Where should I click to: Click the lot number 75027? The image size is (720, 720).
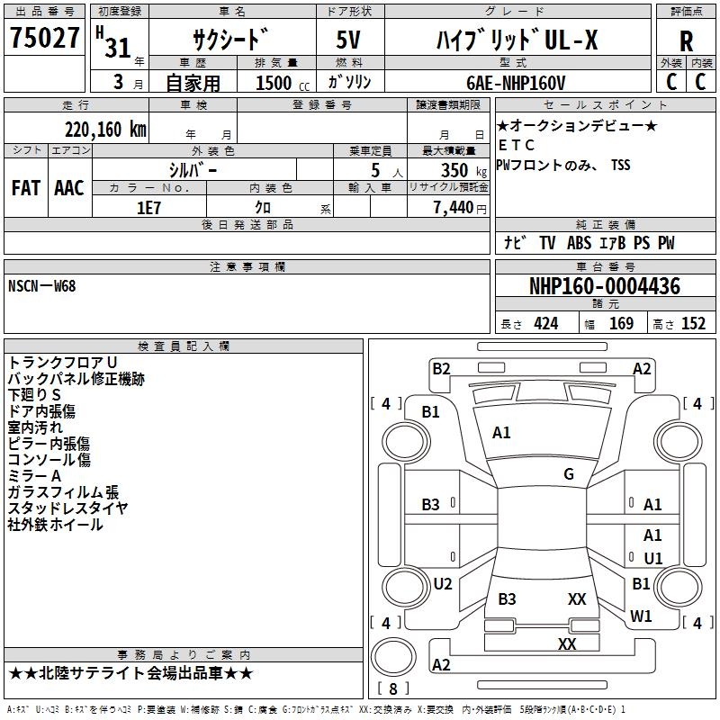point(44,37)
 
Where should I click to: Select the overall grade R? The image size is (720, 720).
point(686,41)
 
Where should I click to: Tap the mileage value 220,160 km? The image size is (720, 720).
point(105,130)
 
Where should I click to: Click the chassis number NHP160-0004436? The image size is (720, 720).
point(605,286)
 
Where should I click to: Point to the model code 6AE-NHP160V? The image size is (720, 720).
point(516,83)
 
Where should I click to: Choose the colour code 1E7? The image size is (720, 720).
point(148,208)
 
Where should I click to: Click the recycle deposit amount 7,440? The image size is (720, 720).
point(454,208)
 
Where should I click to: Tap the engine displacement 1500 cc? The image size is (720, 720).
point(283,83)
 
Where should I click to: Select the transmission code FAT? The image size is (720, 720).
point(26,188)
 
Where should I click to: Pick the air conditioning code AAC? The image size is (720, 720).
point(69,188)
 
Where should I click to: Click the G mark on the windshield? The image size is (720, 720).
point(569,474)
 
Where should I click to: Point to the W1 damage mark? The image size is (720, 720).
point(641,616)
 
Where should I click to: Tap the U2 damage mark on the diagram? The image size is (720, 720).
point(443,583)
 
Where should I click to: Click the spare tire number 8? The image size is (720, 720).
point(393,688)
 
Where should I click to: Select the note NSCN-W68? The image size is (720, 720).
point(41,286)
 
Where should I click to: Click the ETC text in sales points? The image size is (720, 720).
point(517,145)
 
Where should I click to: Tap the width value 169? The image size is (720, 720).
point(621,323)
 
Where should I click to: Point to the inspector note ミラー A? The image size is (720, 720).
point(34,476)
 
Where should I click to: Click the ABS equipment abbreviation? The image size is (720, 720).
point(579,243)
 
